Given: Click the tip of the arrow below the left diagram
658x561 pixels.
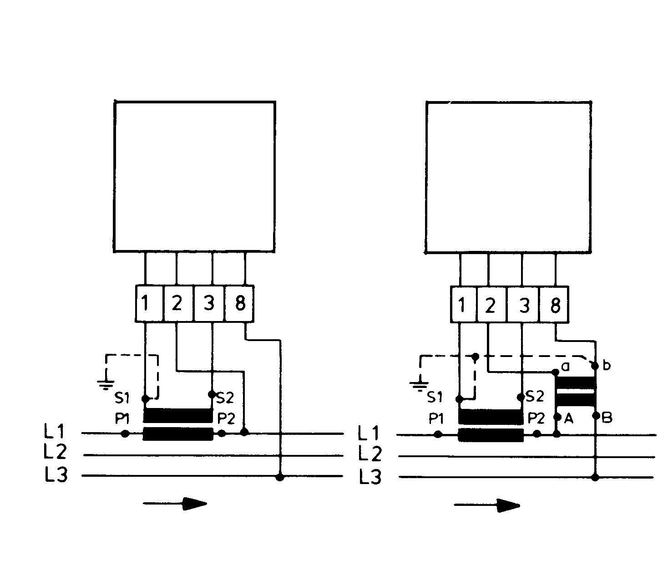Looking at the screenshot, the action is pyautogui.click(x=207, y=503).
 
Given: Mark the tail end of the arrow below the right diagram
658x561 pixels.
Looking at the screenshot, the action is pyautogui.click(x=455, y=505).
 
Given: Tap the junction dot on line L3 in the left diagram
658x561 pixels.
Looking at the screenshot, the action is pyautogui.click(x=280, y=477).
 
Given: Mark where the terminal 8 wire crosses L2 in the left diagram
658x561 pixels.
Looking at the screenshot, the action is pyautogui.click(x=280, y=455).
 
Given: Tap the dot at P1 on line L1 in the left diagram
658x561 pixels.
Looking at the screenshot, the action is pyautogui.click(x=126, y=433).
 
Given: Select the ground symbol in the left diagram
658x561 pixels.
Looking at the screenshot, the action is pyautogui.click(x=106, y=384).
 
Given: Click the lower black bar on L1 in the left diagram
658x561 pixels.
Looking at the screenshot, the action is pyautogui.click(x=178, y=434).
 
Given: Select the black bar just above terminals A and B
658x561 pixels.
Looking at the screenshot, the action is pyautogui.click(x=575, y=400).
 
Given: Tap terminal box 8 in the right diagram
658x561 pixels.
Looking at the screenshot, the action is pyautogui.click(x=554, y=305).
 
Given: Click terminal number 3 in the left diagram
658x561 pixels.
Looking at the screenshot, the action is pyautogui.click(x=208, y=303).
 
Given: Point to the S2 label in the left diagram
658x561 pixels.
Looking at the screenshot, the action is pyautogui.click(x=225, y=398).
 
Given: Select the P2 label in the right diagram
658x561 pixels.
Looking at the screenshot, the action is pyautogui.click(x=536, y=419).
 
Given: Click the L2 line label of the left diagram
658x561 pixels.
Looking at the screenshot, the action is pyautogui.click(x=55, y=452).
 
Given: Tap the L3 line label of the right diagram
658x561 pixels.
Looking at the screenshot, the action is pyautogui.click(x=370, y=477).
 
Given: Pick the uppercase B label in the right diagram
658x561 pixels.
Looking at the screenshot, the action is pyautogui.click(x=607, y=418).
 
